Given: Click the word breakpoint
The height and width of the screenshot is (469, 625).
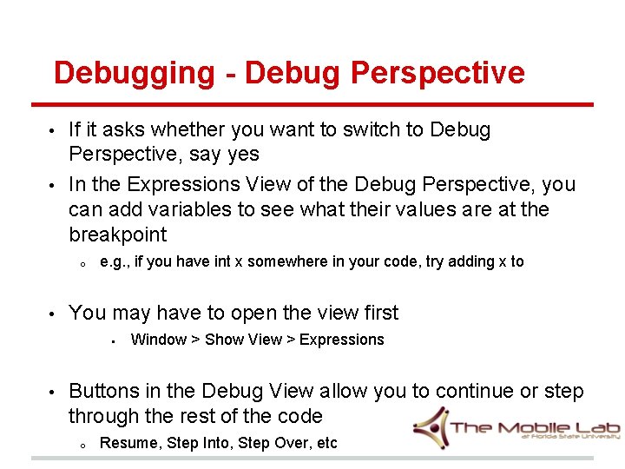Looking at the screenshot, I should (x=117, y=235).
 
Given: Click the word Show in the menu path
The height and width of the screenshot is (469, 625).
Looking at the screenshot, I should (x=220, y=340).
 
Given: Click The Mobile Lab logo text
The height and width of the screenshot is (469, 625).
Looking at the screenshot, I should (x=521, y=427).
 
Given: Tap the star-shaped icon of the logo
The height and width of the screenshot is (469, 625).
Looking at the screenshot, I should (x=431, y=426).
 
